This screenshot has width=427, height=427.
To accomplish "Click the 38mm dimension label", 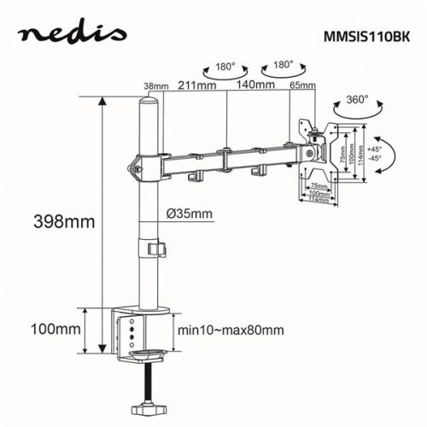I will tap(155, 85).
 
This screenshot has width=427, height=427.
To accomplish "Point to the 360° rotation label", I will tap(353, 100).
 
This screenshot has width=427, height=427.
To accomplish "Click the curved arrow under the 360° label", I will tap(353, 114).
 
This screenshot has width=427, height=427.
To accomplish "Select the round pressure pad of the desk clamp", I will tap(146, 353).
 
